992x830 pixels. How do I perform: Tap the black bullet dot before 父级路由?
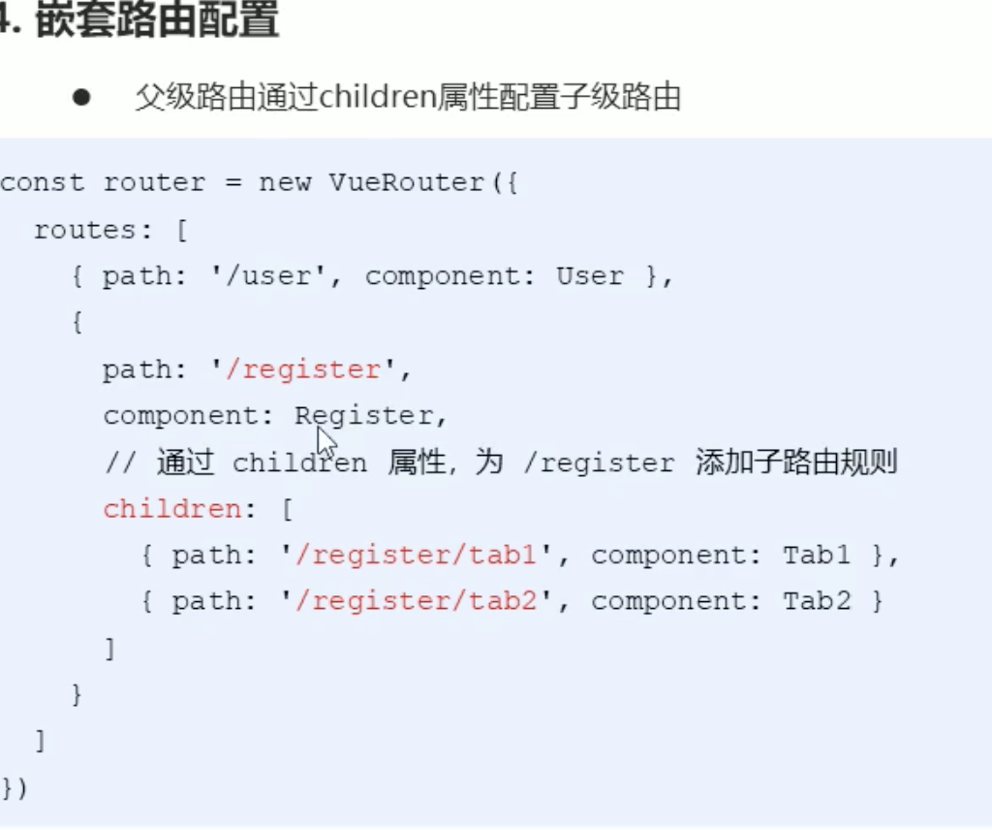click(x=80, y=98)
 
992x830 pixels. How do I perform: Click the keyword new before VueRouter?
click(x=285, y=183)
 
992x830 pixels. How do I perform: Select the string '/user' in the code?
click(x=272, y=276)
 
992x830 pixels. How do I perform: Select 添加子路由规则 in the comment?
click(x=796, y=463)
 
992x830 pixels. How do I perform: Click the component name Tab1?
click(x=817, y=556)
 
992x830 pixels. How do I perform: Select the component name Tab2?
click(x=817, y=602)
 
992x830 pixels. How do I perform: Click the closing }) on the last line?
click(x=15, y=788)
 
